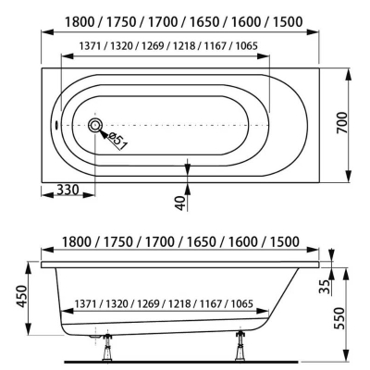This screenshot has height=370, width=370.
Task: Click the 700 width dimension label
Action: click(x=341, y=123)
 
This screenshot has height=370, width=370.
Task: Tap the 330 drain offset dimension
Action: click(x=68, y=190)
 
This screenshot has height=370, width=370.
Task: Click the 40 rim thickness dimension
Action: click(x=181, y=203)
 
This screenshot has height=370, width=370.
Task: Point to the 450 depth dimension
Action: click(x=22, y=296)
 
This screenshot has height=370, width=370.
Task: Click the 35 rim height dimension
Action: click(x=325, y=287)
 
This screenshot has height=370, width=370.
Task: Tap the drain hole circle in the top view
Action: click(x=95, y=126)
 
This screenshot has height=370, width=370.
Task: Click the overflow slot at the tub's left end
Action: click(x=56, y=126)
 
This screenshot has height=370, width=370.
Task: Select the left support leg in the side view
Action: click(x=108, y=347)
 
